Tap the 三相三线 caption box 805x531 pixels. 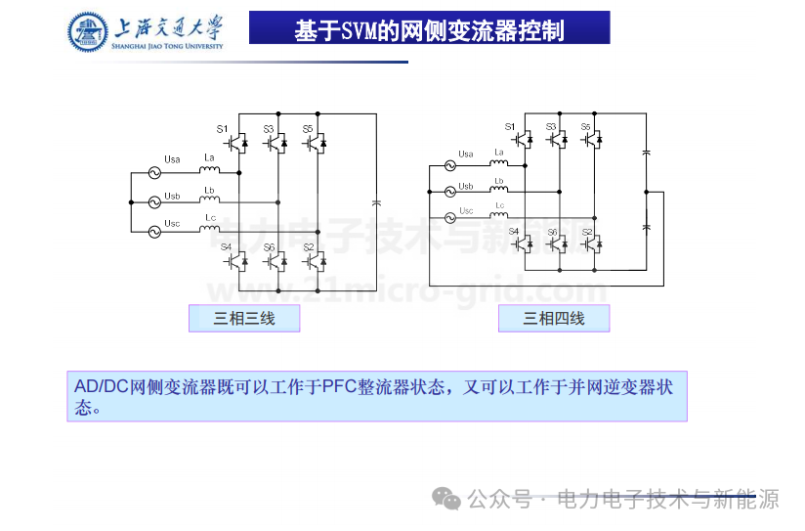coord(244,318)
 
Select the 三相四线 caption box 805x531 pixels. coord(554,318)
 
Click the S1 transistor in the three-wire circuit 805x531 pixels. coord(237,144)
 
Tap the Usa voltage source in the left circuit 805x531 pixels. coord(153,172)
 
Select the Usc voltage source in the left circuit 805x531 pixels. coord(153,232)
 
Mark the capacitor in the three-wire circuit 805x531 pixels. coord(376,202)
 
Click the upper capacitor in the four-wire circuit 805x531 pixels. coord(646,153)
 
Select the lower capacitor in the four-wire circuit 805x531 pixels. coord(646,227)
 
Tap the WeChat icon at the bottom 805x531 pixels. coord(448,500)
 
